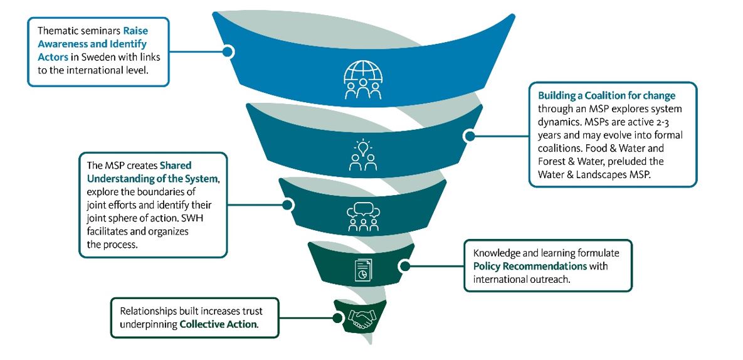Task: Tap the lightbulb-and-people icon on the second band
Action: pyautogui.click(x=362, y=155)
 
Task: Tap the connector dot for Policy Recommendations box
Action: pyautogui.click(x=405, y=266)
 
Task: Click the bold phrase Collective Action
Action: pyautogui.click(x=218, y=324)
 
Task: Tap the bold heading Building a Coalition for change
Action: pyautogui.click(x=606, y=96)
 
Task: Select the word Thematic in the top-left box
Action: pyautogui.click(x=57, y=30)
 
